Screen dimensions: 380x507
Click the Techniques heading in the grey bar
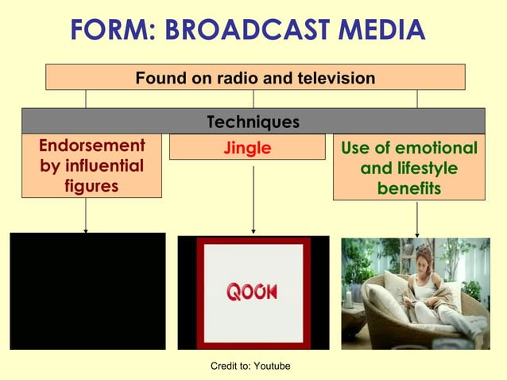pos(253,122)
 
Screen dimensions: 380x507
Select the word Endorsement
pos(92,146)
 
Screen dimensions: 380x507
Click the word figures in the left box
pos(91,186)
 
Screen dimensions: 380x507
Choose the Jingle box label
pos(247,148)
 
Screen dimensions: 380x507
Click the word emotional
pos(435,149)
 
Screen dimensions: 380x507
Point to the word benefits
pos(409,189)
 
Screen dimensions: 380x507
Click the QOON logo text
pos(253,292)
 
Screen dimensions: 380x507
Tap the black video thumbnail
pos(87,291)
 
